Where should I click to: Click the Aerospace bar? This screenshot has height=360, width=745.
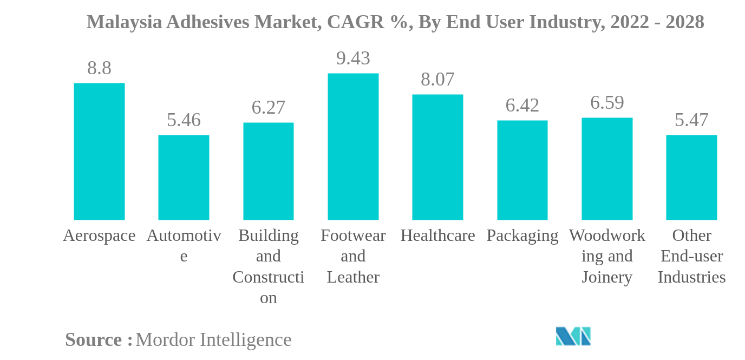point(99,152)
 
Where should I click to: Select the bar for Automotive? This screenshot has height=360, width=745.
point(184,178)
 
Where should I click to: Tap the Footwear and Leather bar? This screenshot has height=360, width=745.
point(353,147)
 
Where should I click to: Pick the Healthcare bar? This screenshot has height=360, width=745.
point(437,157)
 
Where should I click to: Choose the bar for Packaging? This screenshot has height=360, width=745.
point(522,170)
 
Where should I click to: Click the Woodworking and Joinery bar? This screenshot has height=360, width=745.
point(607,169)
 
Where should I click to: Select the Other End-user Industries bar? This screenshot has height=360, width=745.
point(691,178)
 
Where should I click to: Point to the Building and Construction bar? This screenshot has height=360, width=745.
point(269,171)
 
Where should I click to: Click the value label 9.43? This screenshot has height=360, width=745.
point(353,58)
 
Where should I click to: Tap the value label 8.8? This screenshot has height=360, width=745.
point(99,68)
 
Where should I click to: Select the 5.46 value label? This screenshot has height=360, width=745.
point(184,120)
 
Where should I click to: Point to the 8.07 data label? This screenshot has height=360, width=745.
point(437,80)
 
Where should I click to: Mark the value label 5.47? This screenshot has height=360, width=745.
point(691,120)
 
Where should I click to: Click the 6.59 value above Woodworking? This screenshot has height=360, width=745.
point(607,102)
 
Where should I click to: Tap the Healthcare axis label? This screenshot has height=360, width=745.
point(437,235)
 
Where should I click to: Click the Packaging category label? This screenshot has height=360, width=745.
point(522,235)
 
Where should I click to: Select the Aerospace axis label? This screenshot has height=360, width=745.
point(99,235)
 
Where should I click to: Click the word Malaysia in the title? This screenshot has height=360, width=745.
point(124,22)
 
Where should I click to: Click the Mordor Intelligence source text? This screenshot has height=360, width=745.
point(213,340)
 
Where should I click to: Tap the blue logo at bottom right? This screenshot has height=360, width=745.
point(573,336)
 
